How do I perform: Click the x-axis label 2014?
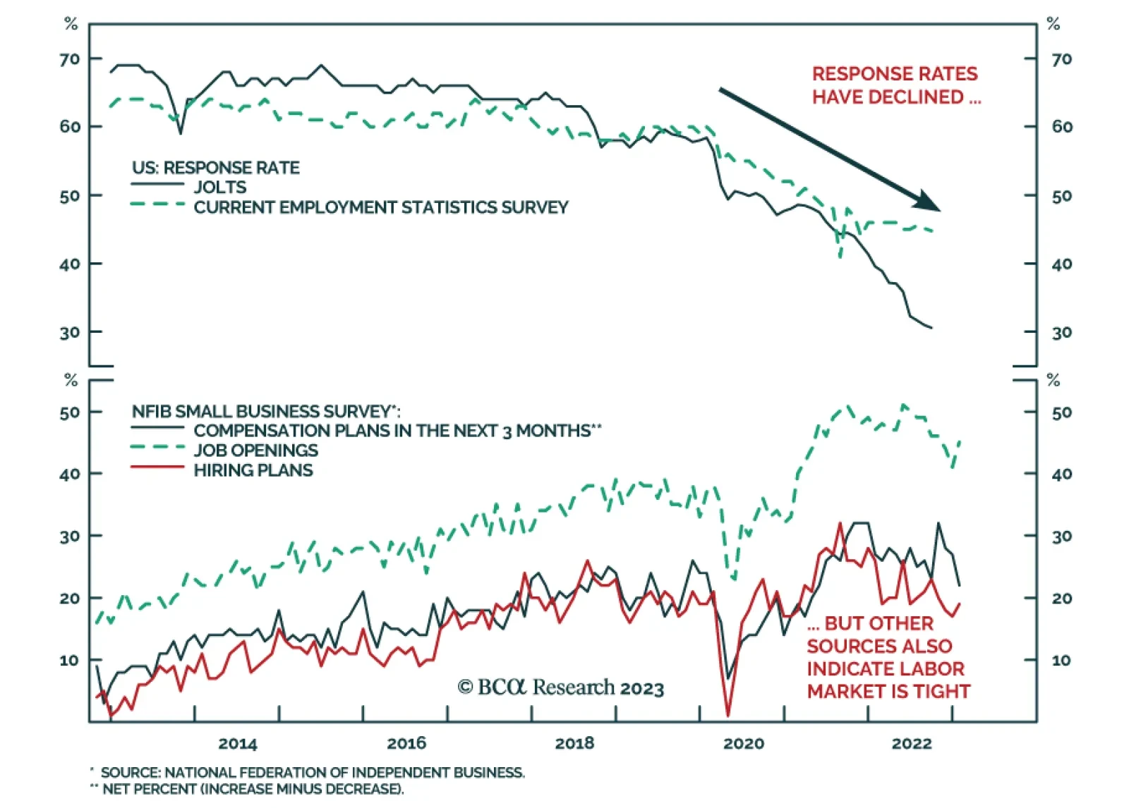(x=238, y=743)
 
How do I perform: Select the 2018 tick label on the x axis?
(x=574, y=743)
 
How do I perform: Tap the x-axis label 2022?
(x=912, y=743)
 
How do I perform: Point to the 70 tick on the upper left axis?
(x=70, y=59)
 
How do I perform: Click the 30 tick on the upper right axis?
(x=1062, y=332)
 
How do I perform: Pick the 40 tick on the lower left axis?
(x=70, y=474)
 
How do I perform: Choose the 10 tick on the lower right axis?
(x=1061, y=661)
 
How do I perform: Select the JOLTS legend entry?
(x=220, y=187)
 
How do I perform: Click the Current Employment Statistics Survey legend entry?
(x=381, y=207)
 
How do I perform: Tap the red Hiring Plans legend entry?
(x=253, y=470)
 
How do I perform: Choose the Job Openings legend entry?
(x=256, y=451)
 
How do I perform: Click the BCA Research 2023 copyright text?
(x=561, y=687)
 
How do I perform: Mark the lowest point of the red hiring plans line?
(x=728, y=715)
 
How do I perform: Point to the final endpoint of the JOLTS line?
(x=931, y=328)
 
